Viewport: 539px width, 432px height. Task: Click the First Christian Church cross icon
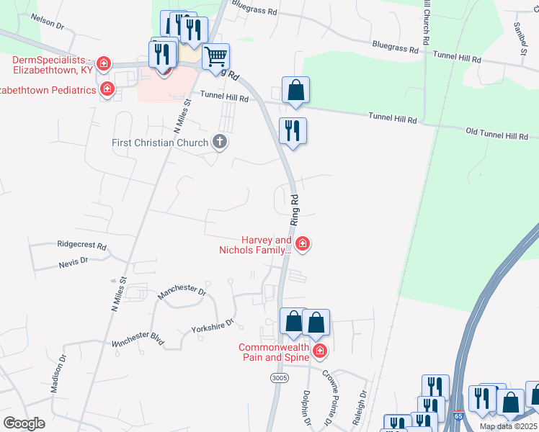(x=220, y=142)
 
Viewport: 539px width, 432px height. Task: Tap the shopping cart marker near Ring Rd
(x=216, y=56)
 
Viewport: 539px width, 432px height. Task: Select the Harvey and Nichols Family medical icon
(x=303, y=244)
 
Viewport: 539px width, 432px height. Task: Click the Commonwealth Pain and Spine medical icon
(x=319, y=351)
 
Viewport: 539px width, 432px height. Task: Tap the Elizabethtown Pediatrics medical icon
(x=107, y=90)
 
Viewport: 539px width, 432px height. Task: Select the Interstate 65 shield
(x=459, y=416)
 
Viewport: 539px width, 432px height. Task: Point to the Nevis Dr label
(x=73, y=264)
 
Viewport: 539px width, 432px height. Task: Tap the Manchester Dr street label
(x=182, y=290)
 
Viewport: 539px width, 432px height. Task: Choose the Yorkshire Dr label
(x=213, y=325)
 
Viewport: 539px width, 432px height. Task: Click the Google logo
(x=24, y=423)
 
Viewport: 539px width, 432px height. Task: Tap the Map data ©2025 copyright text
(x=508, y=426)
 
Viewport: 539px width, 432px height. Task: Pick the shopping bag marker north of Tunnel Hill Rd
(x=295, y=91)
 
